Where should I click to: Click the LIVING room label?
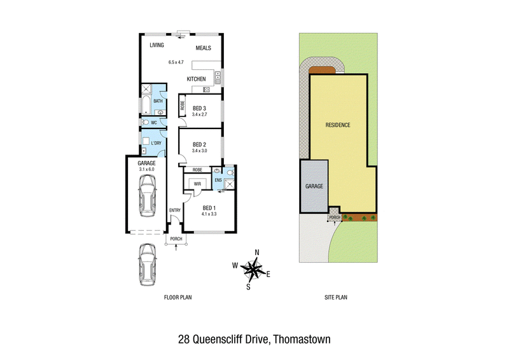click(x=157, y=45)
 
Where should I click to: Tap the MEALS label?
click(x=203, y=48)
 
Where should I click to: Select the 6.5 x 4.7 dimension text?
click(x=176, y=62)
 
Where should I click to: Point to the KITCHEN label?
click(x=196, y=79)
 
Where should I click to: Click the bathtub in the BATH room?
click(x=146, y=105)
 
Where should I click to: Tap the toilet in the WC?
click(x=146, y=122)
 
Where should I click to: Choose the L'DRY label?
click(x=156, y=143)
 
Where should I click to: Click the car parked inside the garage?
click(x=147, y=196)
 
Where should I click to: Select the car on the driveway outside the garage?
click(x=148, y=265)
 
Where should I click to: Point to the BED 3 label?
click(x=199, y=108)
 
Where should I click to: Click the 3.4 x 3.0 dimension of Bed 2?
click(x=199, y=151)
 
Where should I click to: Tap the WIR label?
click(x=197, y=184)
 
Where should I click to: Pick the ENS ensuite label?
click(x=218, y=180)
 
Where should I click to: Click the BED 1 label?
click(x=209, y=208)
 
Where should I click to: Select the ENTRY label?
click(x=174, y=211)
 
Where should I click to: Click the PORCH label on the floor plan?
click(x=176, y=239)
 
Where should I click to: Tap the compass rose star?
click(x=254, y=269)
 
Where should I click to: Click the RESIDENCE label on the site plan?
click(x=338, y=125)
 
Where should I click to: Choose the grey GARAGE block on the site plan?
click(x=314, y=186)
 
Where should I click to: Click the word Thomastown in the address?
click(x=302, y=340)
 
